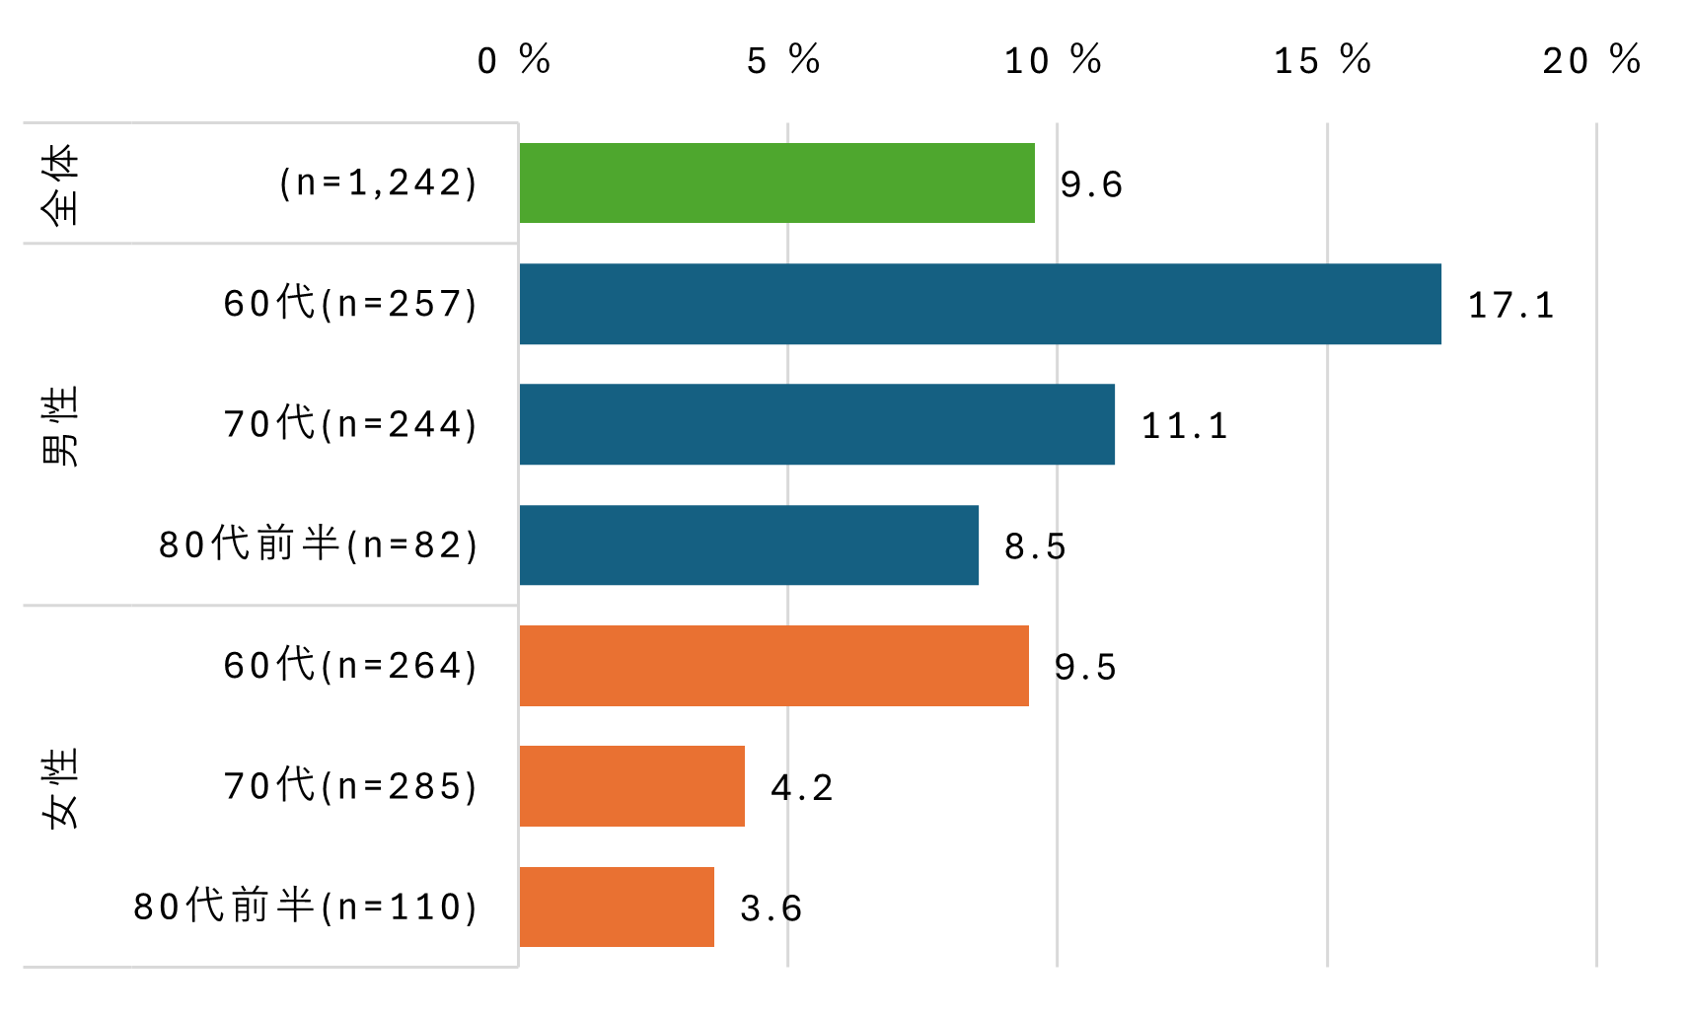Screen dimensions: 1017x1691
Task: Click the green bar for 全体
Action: pyautogui.click(x=776, y=182)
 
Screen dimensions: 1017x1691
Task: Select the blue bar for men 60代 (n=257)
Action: pyautogui.click(x=980, y=304)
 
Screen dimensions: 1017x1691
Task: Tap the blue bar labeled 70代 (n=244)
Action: pyautogui.click(x=817, y=424)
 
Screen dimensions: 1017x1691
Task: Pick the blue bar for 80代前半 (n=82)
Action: pyautogui.click(x=749, y=545)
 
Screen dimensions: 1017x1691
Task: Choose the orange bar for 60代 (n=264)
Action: pyautogui.click(x=773, y=666)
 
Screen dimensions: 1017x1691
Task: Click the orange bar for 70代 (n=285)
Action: pyautogui.click(x=631, y=786)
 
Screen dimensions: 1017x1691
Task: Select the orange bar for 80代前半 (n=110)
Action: pyautogui.click(x=617, y=907)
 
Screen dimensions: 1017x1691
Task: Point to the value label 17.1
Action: pyautogui.click(x=1510, y=305)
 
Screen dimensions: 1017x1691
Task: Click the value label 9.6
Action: pyautogui.click(x=1091, y=184)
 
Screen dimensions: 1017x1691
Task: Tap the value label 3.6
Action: pyautogui.click(x=772, y=908)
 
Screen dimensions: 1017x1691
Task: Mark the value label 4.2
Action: pyautogui.click(x=802, y=788)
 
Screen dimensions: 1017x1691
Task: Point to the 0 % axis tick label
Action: pyautogui.click(x=514, y=60)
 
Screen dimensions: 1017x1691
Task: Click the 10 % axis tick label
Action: pyautogui.click(x=1053, y=60)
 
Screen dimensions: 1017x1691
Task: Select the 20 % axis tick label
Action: pyautogui.click(x=1591, y=60)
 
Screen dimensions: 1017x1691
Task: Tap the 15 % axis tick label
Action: pyautogui.click(x=1322, y=60)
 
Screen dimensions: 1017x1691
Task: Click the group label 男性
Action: pyautogui.click(x=60, y=425)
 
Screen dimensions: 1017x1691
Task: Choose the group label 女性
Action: pyautogui.click(x=60, y=787)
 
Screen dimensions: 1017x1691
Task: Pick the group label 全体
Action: pyautogui.click(x=60, y=183)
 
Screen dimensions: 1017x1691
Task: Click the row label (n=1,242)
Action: pyautogui.click(x=379, y=183)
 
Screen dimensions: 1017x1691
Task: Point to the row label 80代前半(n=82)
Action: pyautogui.click(x=319, y=545)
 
